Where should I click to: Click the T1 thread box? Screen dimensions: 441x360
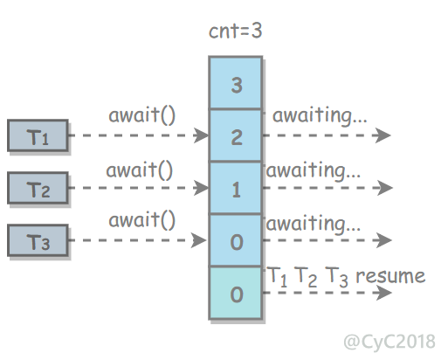pos(38,135)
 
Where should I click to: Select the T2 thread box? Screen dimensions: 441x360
pos(38,188)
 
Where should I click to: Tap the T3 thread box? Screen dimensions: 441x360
pos(38,240)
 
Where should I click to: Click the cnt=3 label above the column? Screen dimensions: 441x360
pos(236,31)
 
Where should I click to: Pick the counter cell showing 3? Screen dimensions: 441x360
pos(236,83)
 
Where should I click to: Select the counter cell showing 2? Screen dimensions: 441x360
pos(236,135)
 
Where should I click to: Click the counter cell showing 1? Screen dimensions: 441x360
pos(236,188)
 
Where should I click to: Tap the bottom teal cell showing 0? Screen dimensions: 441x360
pos(236,293)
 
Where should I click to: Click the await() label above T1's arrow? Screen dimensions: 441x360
pos(141,115)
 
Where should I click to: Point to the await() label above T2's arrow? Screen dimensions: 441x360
pos(140,170)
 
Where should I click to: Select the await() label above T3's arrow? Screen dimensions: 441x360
pos(141,220)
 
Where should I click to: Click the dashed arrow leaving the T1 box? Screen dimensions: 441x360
pos(139,135)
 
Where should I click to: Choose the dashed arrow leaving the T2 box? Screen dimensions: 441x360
pos(139,188)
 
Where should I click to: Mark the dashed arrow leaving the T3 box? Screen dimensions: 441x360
pos(137,240)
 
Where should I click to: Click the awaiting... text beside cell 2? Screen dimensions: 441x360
pos(320,116)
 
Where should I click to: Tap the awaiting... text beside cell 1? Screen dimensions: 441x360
pos(314,171)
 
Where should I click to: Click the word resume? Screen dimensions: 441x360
pos(390,276)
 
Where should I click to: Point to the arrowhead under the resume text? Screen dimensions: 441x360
pos(384,293)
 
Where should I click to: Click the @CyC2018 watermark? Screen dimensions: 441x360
pos(389,342)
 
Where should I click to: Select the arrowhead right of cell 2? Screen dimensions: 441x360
pos(382,135)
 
